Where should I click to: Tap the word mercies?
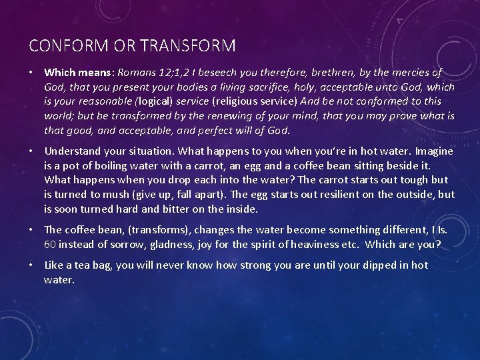[x=405, y=73]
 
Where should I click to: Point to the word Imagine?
[x=433, y=151]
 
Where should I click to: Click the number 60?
[x=50, y=245]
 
